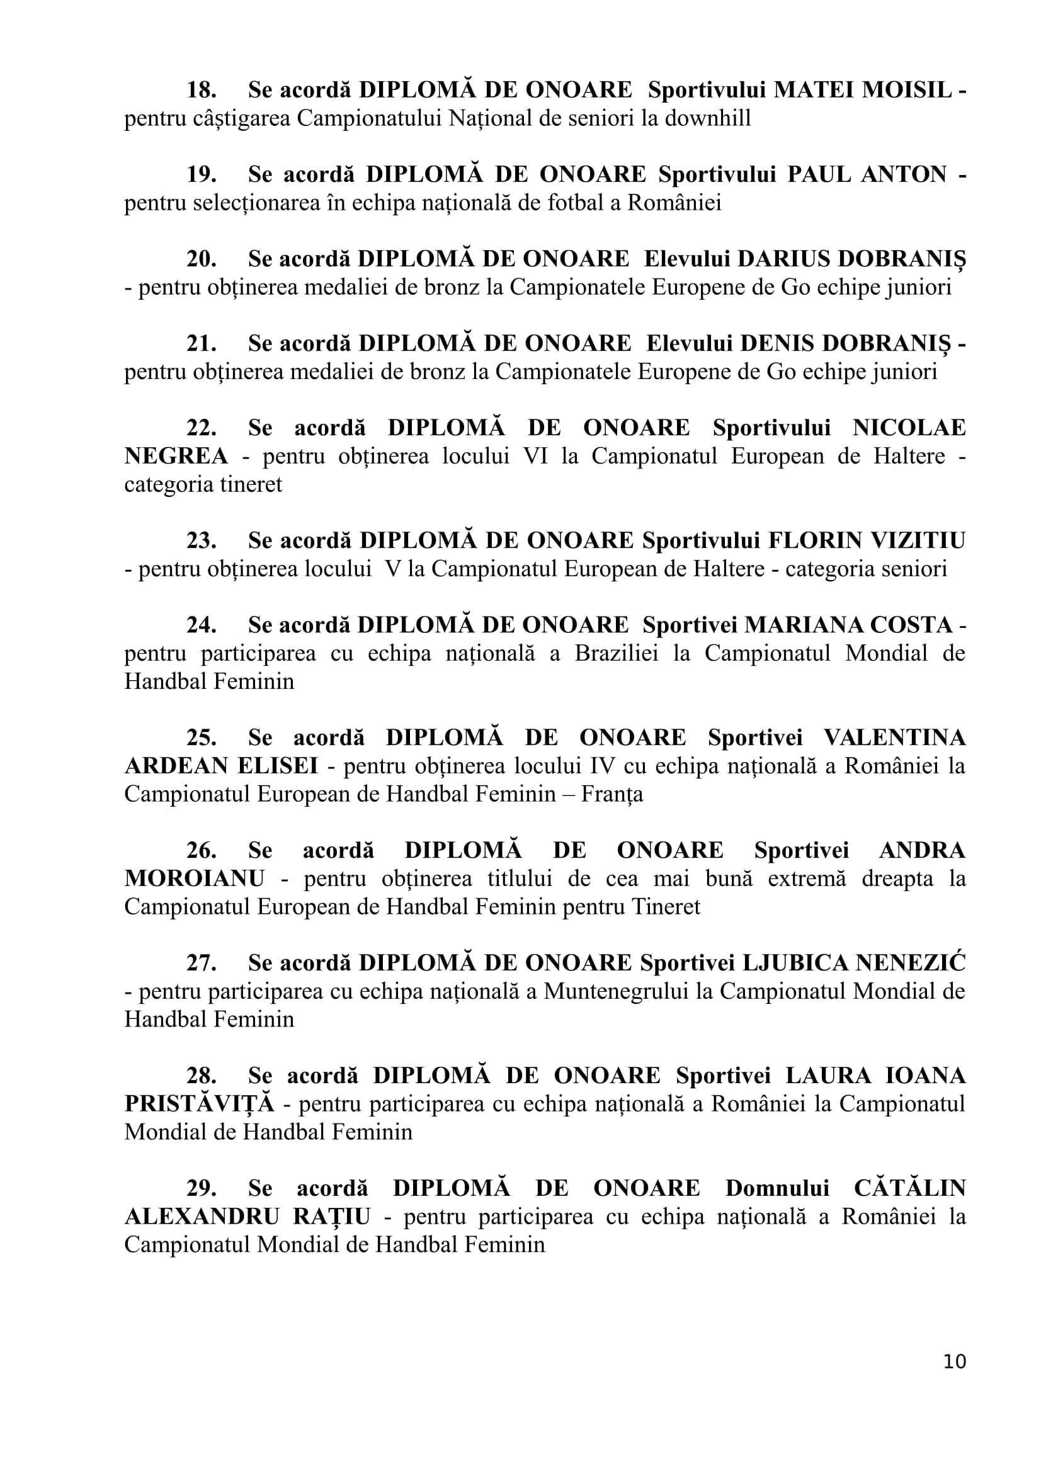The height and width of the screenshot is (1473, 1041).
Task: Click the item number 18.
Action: pyautogui.click(x=202, y=90)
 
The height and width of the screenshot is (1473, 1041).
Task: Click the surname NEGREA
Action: pyautogui.click(x=176, y=456)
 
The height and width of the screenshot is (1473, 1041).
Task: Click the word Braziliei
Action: pyautogui.click(x=617, y=653)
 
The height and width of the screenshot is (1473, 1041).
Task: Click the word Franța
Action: pyautogui.click(x=612, y=794)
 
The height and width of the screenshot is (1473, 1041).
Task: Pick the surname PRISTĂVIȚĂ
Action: pyautogui.click(x=200, y=1104)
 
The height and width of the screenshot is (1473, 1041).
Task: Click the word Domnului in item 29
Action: pyautogui.click(x=776, y=1188)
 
